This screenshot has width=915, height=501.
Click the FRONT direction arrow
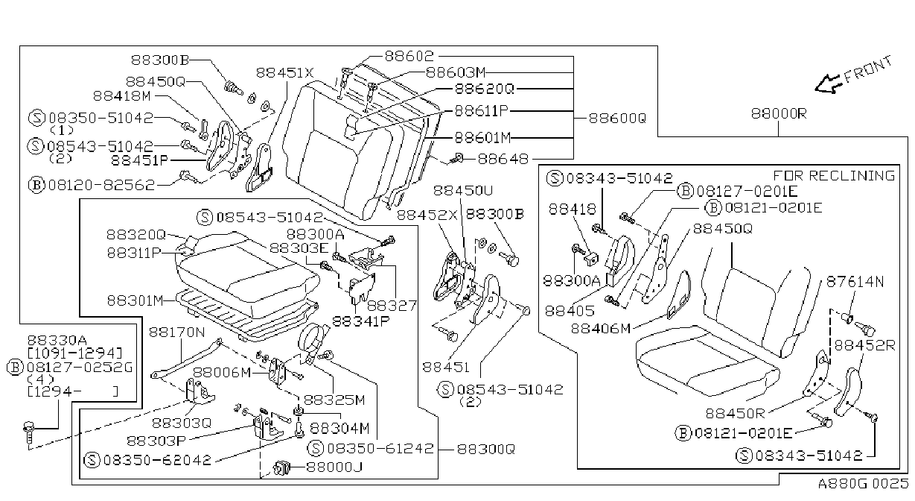(x=829, y=85)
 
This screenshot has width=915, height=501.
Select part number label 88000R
(x=779, y=114)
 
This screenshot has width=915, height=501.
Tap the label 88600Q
(x=617, y=119)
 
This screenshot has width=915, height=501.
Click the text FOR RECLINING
(x=834, y=175)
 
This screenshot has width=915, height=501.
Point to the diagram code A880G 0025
(x=863, y=484)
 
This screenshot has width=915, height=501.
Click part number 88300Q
(x=485, y=449)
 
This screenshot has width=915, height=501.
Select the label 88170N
(x=176, y=332)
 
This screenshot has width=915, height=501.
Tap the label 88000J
(x=334, y=467)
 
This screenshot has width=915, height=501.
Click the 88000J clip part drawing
(x=281, y=468)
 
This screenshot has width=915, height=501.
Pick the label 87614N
(x=855, y=281)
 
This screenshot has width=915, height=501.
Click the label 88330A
(x=57, y=340)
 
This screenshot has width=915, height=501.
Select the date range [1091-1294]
(x=74, y=353)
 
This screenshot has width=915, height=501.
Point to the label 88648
(x=503, y=159)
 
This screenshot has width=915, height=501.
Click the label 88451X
(x=284, y=73)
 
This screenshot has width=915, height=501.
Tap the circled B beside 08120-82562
(x=36, y=186)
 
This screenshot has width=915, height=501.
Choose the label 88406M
(x=601, y=329)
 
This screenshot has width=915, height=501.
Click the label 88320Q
(x=136, y=235)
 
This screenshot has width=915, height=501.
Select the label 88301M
(x=135, y=300)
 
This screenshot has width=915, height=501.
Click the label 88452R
(x=864, y=345)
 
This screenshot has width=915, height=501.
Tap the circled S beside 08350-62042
(x=92, y=460)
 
